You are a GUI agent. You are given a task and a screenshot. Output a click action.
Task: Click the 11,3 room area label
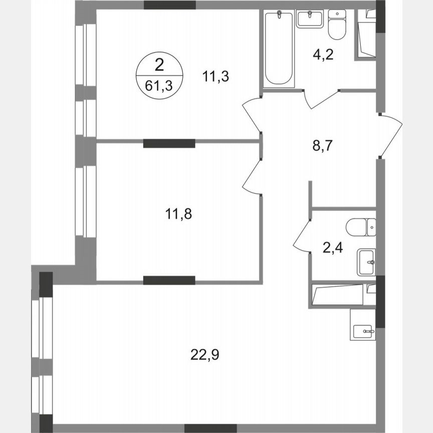tap(212, 77)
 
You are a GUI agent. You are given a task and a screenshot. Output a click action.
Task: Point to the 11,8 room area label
tap(179, 214)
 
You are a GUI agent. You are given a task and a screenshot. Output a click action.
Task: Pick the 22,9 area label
tap(205, 355)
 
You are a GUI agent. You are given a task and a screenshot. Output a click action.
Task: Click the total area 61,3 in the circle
tap(159, 85)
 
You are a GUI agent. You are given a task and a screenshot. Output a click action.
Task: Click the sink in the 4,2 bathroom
tap(310, 19)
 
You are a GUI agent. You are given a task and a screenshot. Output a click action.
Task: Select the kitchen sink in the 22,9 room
tap(363, 330)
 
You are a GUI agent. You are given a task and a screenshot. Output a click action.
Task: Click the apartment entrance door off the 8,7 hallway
tap(391, 135)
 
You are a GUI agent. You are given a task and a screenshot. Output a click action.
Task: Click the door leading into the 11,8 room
tap(252, 175)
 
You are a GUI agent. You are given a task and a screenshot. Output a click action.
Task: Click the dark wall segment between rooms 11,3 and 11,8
tap(169, 143)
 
